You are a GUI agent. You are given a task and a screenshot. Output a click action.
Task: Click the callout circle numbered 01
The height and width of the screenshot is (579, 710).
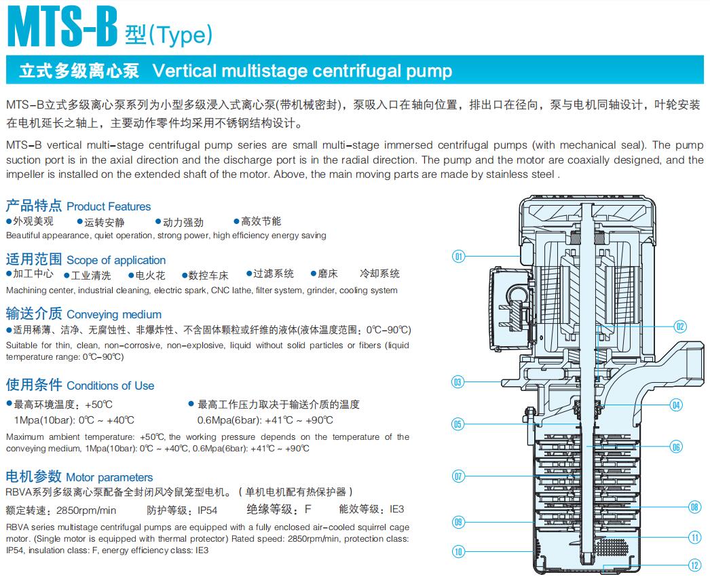click(x=459, y=256)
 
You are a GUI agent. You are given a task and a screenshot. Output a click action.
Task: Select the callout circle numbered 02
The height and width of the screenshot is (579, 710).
click(x=680, y=326)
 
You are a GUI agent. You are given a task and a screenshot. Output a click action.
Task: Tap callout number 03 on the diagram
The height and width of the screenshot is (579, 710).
click(x=459, y=381)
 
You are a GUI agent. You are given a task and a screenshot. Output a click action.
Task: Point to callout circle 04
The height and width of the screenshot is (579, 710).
click(x=675, y=405)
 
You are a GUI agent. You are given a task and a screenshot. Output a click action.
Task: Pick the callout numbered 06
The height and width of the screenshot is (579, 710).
click(x=675, y=447)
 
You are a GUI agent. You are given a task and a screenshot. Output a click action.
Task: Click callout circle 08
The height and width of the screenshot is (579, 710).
click(x=694, y=506)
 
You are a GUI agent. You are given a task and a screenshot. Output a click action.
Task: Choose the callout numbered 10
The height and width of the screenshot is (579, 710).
click(x=459, y=551)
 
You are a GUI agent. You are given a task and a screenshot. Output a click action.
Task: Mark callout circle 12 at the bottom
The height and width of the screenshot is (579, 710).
click(x=694, y=565)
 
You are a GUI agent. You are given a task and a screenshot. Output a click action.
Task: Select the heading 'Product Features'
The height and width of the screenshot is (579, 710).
click(x=109, y=206)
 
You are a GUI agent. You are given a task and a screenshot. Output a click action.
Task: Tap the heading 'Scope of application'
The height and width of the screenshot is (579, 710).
click(x=116, y=260)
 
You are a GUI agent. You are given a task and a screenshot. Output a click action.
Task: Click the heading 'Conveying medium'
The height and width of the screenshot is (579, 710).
click(x=114, y=314)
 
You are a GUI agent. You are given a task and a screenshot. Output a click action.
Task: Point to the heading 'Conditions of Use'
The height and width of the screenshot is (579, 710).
click(x=110, y=386)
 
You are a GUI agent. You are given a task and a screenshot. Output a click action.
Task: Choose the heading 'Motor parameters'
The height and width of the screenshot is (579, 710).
click(x=109, y=477)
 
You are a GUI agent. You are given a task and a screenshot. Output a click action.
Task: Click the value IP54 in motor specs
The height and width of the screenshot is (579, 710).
click(x=207, y=510)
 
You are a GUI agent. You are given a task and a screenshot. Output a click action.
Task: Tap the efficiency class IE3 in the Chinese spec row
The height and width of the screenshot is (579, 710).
click(x=396, y=509)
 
